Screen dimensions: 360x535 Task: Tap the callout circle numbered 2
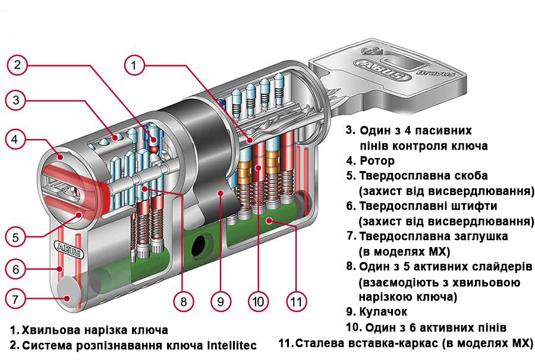(x=18, y=65)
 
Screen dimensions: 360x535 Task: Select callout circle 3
(x=18, y=100)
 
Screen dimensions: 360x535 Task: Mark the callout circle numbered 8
(x=184, y=301)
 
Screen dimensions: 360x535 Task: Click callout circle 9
(x=221, y=301)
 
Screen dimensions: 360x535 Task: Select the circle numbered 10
(x=257, y=301)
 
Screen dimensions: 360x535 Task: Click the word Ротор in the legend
(x=377, y=161)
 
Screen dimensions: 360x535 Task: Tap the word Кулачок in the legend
(x=383, y=311)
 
